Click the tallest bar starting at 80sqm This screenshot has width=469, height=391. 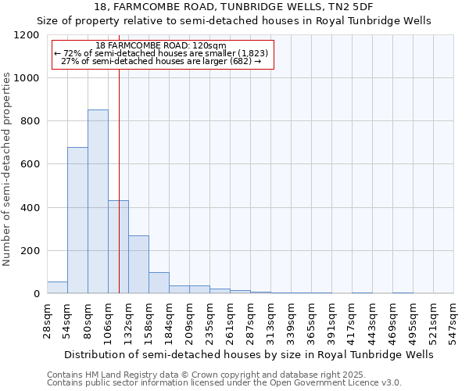[98, 202]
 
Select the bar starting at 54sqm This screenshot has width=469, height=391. [77, 221]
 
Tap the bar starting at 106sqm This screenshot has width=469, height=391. [118, 247]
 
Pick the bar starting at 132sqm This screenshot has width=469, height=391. [138, 264]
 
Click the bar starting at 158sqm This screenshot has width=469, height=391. [159, 283]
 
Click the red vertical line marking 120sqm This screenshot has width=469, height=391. [119, 156]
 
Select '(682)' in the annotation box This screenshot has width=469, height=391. [238, 61]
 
